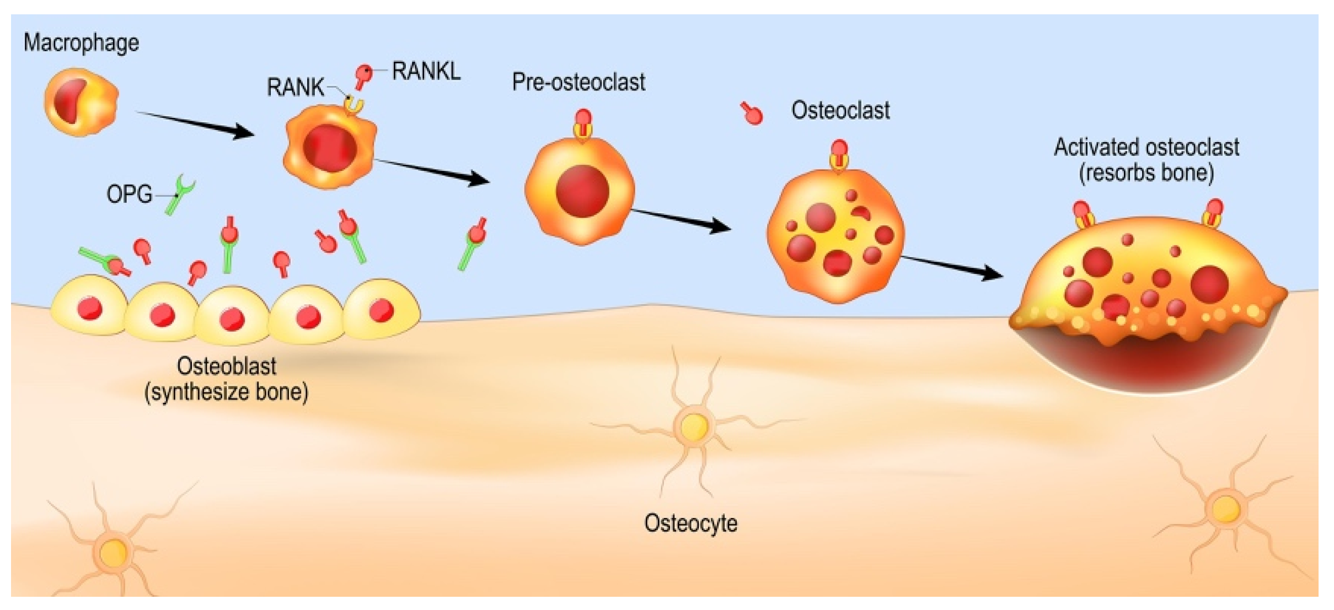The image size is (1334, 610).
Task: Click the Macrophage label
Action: click(81, 43)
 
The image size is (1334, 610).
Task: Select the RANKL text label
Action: click(426, 71)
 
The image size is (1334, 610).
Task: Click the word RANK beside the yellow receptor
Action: click(296, 87)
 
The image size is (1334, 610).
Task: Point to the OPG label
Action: click(129, 194)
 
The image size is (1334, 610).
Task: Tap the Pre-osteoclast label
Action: click(578, 82)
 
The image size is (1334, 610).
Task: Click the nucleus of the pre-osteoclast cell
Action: click(582, 191)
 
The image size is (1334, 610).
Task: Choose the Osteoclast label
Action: click(840, 110)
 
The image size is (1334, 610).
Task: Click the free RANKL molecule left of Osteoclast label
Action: click(751, 114)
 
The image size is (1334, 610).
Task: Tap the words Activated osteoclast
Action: click(1147, 147)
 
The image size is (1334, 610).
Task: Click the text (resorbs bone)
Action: click(1147, 172)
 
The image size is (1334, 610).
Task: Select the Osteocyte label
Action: click(690, 523)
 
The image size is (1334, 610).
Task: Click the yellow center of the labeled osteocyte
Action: click(694, 426)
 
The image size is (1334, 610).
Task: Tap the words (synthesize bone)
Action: click(226, 392)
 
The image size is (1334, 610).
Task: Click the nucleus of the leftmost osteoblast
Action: click(90, 308)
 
